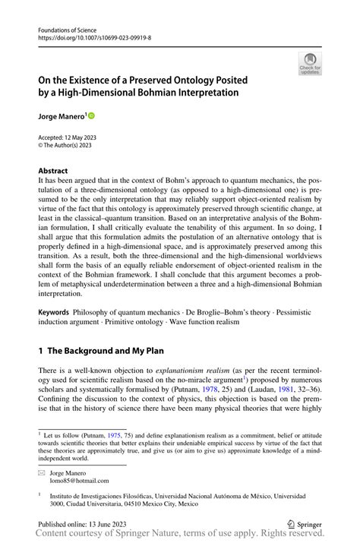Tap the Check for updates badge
pyautogui.click(x=310, y=64)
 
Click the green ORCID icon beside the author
pyautogui.click(x=92, y=116)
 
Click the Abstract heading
pyautogui.click(x=52, y=171)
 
